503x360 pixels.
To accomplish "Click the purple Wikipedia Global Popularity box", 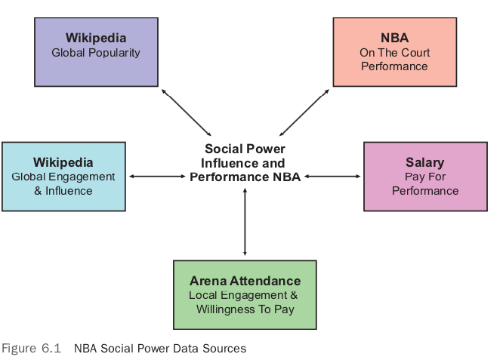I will tap(96, 51).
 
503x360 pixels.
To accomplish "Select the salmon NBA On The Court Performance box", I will tap(394, 51).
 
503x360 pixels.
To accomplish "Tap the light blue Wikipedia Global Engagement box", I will tap(63, 176).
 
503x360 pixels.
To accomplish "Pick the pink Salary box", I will tap(424, 175).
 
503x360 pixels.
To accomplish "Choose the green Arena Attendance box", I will tap(245, 294).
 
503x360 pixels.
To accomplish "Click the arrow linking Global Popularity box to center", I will tap(187, 112).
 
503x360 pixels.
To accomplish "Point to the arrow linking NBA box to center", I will tap(304, 112).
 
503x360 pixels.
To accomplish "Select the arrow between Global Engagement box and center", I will tap(157, 177).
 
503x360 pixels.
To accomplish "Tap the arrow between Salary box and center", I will tap(333, 177).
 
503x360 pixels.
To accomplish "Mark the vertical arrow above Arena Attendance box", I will tap(245, 222).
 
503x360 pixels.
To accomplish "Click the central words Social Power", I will tap(245, 149).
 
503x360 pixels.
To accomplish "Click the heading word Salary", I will tap(424, 162).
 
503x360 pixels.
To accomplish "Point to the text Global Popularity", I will tap(96, 53).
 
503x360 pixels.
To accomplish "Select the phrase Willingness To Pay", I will tap(245, 309).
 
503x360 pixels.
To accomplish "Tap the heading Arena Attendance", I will tap(245, 281).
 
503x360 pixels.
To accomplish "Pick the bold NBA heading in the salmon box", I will tap(394, 38).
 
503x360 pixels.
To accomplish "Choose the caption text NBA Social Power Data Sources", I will tap(160, 349).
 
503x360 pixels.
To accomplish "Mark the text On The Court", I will tap(394, 52).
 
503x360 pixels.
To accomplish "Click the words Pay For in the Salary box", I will tap(424, 177).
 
